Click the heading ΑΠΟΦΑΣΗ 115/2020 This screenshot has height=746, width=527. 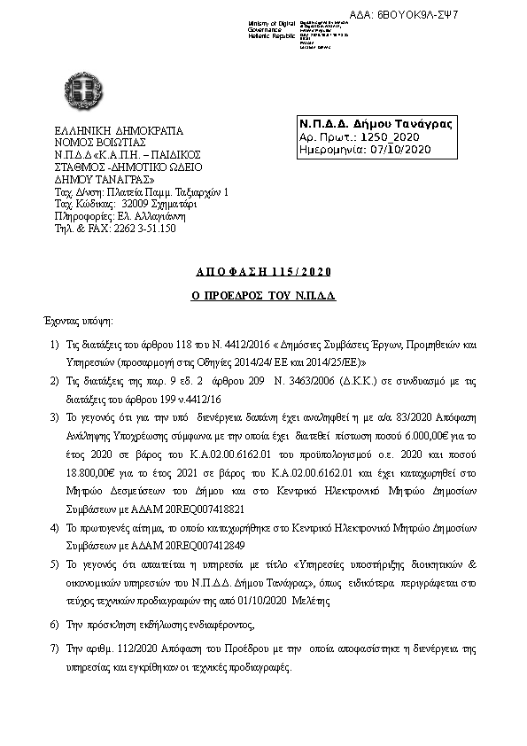pos(263,272)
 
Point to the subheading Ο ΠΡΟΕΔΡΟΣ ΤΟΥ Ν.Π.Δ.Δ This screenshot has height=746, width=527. pos(263,294)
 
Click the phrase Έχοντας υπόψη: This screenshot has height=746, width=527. pos(79,318)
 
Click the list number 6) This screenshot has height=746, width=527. pos(54,624)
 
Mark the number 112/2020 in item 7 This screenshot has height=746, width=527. pos(122,649)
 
